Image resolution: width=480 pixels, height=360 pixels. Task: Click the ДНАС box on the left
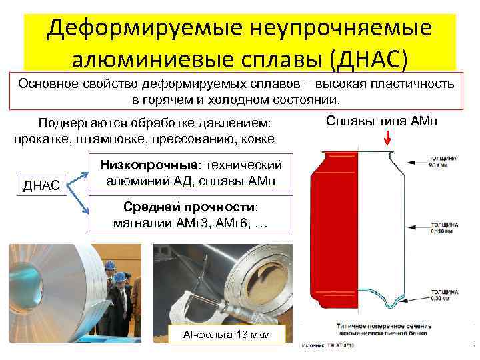point(41,185)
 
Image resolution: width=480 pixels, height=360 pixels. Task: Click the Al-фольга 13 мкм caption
point(228,334)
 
